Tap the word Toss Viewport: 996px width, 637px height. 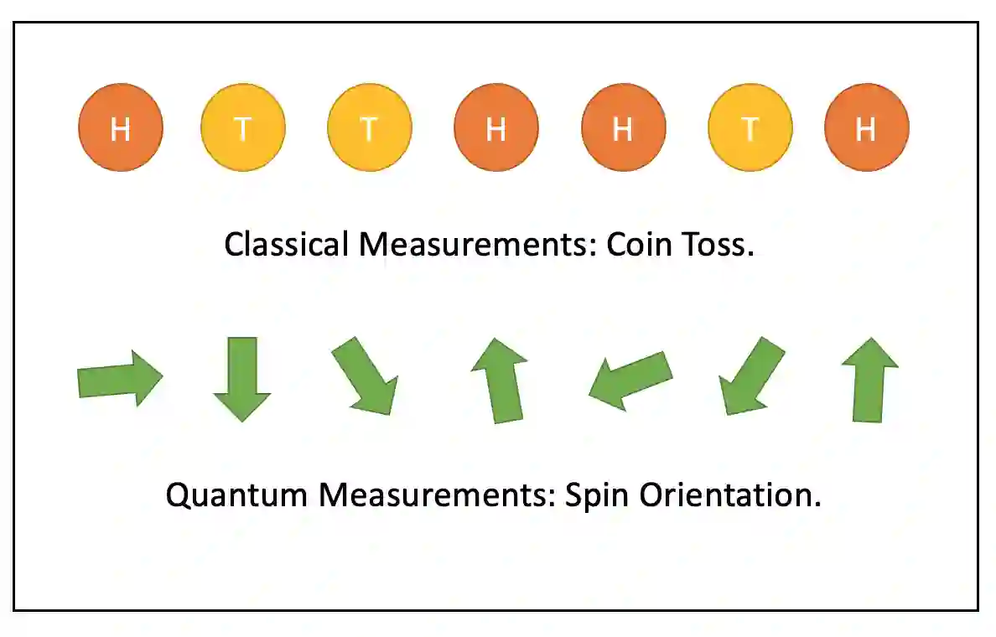point(722,245)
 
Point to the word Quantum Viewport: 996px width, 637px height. point(236,495)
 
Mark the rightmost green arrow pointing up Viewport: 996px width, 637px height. point(869,380)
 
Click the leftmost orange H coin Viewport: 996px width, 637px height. point(121,129)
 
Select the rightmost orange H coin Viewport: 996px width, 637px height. point(866,129)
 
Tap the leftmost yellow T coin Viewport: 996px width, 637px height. point(243,129)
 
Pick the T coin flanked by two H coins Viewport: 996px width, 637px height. point(750,129)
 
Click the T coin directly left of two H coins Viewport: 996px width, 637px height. point(370,129)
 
